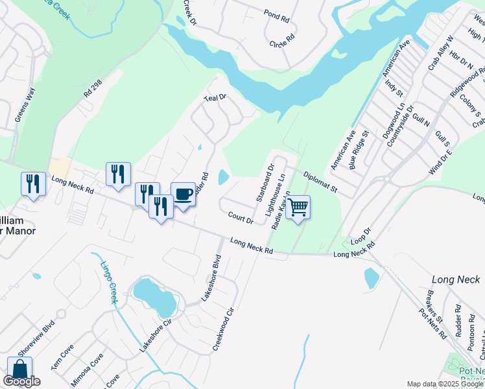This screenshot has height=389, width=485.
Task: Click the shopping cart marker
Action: [x=298, y=207]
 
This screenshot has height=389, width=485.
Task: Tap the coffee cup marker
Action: [x=183, y=194]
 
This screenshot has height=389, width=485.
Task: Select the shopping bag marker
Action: [x=19, y=370]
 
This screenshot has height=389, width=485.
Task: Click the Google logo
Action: [x=21, y=381]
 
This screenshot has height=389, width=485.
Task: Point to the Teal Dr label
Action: [x=215, y=97]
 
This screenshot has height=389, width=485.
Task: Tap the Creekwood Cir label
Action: [x=224, y=329]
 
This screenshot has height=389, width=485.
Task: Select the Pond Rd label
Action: [x=276, y=14]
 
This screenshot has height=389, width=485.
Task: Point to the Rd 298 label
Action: [x=92, y=89]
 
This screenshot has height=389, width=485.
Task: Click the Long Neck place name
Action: [x=456, y=279]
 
